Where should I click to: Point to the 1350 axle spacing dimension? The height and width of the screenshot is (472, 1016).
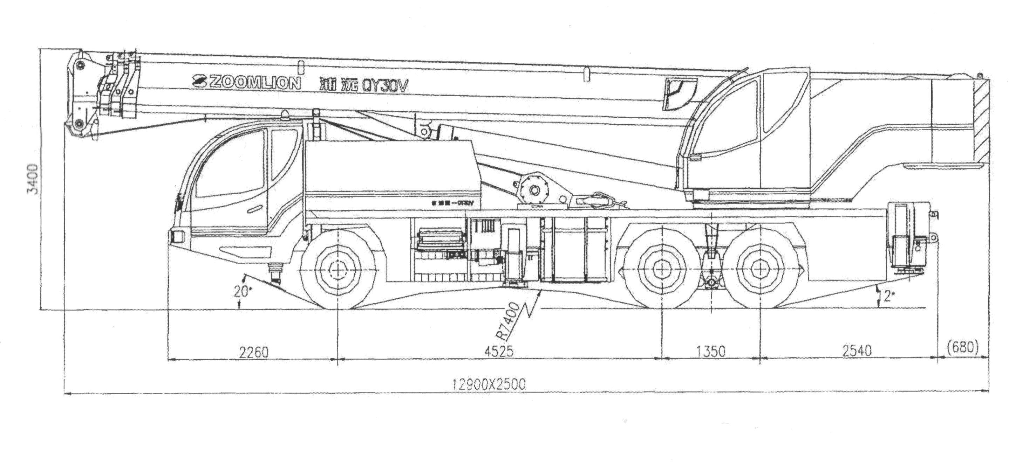click(711, 351)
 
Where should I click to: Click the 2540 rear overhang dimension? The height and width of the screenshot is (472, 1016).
click(857, 350)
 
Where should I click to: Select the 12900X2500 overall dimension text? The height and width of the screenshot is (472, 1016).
click(489, 384)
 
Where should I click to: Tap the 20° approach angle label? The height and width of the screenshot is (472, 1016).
click(242, 292)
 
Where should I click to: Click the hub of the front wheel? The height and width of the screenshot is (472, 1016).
click(337, 270)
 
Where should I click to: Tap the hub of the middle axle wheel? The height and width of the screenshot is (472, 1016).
click(661, 269)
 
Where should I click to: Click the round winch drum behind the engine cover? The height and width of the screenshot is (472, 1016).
click(534, 190)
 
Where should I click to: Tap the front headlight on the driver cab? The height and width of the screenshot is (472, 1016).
click(177, 236)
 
